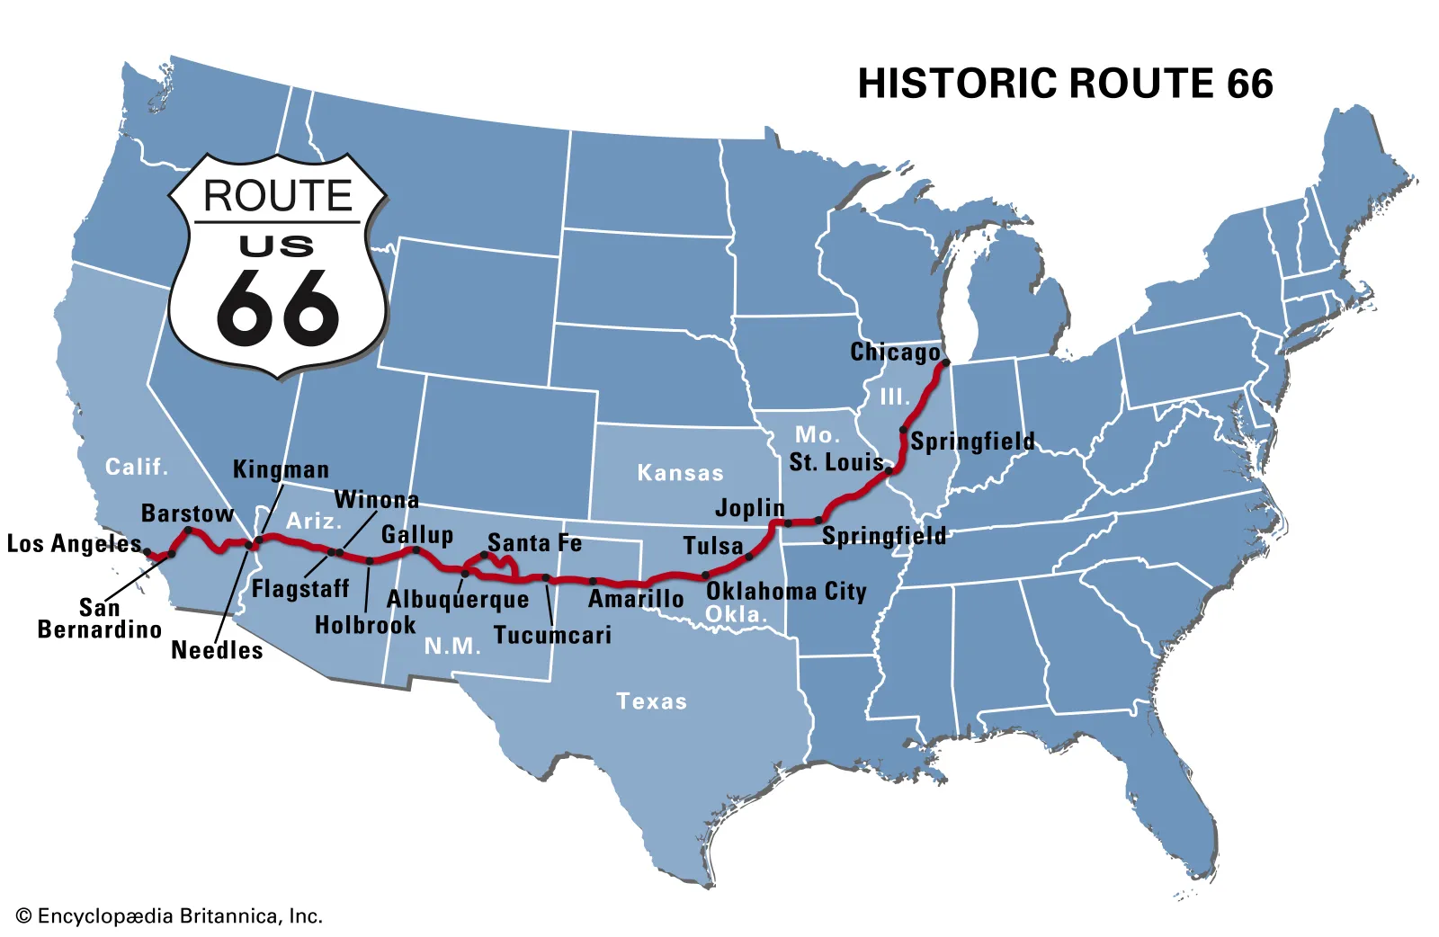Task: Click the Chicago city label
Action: (895, 352)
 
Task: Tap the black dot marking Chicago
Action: (945, 363)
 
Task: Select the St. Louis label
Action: (836, 462)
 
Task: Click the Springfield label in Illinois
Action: (972, 442)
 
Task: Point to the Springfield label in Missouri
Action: (884, 537)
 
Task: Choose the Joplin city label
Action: (750, 508)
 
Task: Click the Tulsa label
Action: (713, 546)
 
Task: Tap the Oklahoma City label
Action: (786, 592)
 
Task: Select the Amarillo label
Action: (636, 599)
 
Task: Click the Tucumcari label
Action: (552, 636)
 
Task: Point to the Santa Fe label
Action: (534, 543)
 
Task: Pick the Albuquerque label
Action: (458, 600)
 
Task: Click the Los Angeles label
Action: (75, 544)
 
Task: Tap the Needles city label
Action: (217, 650)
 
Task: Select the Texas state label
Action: (651, 701)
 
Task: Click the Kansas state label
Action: (680, 473)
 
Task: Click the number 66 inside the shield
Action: (278, 308)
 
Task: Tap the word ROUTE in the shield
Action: (278, 196)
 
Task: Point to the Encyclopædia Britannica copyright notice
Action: (169, 916)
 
